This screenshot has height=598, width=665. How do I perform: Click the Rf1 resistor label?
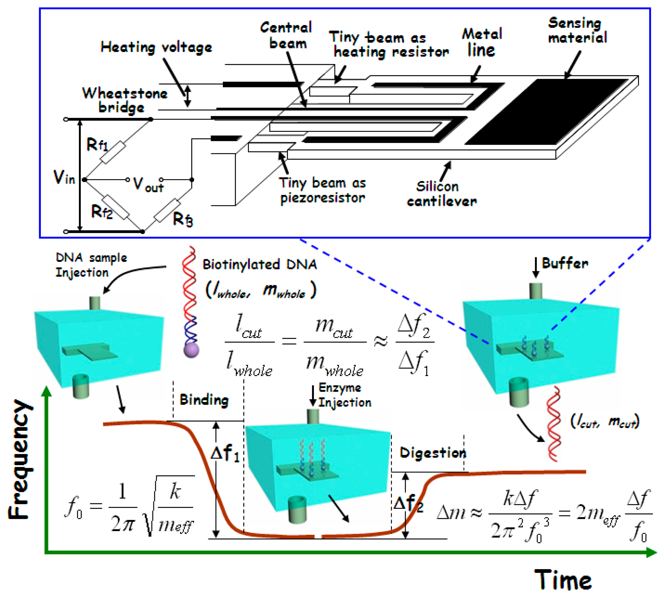97,145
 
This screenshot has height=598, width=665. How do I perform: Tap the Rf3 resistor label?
183,219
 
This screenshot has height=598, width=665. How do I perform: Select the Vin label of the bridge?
64,178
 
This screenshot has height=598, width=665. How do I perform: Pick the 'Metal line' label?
482,43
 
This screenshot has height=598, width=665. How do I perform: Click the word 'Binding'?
204,400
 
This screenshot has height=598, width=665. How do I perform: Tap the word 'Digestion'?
433,453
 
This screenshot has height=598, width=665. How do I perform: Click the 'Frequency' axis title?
20,460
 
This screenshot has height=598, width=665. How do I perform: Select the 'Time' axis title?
563,580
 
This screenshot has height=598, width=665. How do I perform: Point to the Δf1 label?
225,453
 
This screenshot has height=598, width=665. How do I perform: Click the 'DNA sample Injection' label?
91,265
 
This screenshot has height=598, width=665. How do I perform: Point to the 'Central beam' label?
286,35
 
